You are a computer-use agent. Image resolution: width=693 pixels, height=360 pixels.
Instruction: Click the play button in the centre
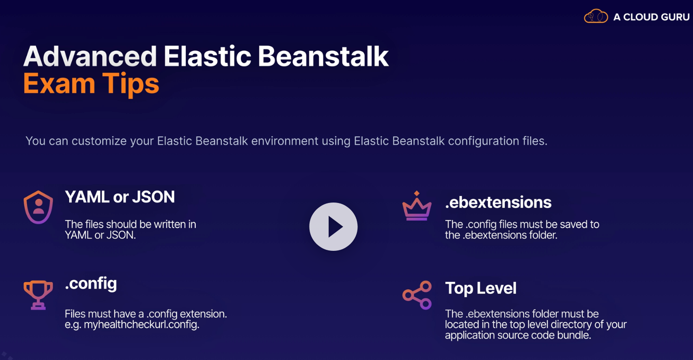click(333, 227)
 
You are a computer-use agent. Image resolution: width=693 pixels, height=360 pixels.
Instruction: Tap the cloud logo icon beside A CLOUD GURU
click(596, 16)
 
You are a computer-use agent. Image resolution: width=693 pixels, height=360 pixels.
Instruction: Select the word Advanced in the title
click(90, 56)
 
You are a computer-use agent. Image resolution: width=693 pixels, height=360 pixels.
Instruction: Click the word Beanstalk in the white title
click(323, 56)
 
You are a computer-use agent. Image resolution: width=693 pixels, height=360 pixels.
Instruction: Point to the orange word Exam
click(59, 84)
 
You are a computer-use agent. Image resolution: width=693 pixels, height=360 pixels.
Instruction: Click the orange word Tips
click(131, 84)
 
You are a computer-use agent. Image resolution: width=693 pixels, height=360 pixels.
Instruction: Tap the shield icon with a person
click(39, 207)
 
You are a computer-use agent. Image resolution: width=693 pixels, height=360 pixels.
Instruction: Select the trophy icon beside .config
click(39, 295)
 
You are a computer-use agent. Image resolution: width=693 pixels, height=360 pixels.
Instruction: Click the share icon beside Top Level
click(417, 295)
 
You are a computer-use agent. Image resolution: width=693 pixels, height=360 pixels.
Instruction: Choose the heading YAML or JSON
click(120, 197)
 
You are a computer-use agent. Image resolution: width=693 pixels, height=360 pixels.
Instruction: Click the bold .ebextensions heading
click(498, 203)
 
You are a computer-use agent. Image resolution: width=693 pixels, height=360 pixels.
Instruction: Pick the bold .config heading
click(91, 284)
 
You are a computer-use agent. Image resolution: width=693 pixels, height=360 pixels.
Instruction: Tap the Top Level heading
click(481, 288)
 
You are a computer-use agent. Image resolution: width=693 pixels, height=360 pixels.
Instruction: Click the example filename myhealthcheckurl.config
click(141, 324)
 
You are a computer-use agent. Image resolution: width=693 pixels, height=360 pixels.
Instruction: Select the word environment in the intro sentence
click(284, 141)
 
